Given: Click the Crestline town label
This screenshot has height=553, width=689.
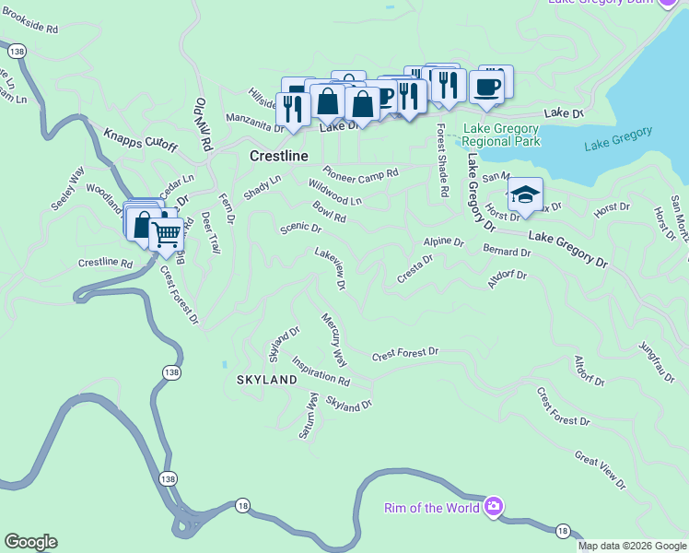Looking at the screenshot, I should click(x=279, y=157).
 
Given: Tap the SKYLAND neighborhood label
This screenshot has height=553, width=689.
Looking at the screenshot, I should click(x=266, y=380).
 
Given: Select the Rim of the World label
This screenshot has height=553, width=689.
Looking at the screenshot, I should click(x=432, y=508).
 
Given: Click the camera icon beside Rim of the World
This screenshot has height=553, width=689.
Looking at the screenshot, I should click(x=494, y=506).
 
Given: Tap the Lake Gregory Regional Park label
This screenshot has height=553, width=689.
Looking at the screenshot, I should click(x=501, y=135).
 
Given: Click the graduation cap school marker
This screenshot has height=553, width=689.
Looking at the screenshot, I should click(x=525, y=194).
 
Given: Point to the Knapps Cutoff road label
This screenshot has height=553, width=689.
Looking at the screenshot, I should click(x=139, y=138).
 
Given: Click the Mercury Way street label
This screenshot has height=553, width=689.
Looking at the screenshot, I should click(x=333, y=338).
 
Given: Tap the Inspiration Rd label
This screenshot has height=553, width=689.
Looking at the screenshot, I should click(x=321, y=371).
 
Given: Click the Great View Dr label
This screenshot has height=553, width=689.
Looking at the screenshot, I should click(x=600, y=470).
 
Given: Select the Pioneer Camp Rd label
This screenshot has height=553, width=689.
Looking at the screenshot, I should click(x=360, y=172).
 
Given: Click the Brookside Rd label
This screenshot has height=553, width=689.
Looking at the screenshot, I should click(x=31, y=29).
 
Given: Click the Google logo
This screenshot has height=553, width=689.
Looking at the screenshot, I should click(x=30, y=542).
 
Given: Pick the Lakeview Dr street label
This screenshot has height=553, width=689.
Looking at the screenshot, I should click(x=329, y=268).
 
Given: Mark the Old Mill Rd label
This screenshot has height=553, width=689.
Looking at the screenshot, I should click(x=203, y=125).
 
